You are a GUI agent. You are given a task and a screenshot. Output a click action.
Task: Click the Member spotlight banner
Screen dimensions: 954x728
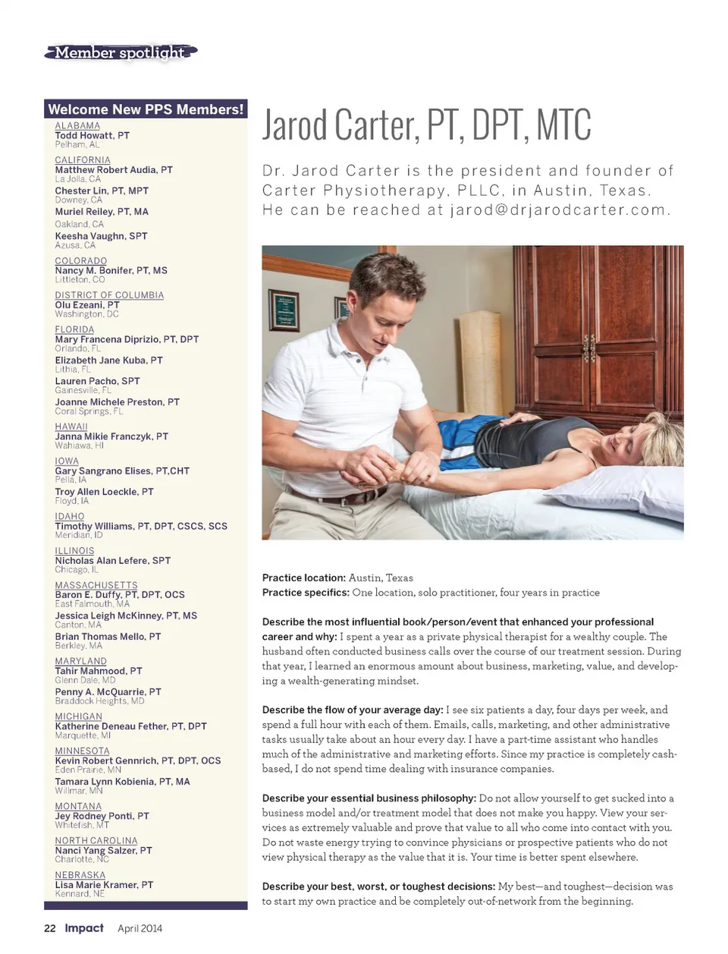(121, 52)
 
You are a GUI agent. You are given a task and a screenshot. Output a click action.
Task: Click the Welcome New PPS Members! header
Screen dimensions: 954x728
(146, 109)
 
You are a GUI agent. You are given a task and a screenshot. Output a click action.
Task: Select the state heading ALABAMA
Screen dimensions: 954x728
(77, 126)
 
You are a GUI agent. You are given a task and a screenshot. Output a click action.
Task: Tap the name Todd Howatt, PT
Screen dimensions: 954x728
(92, 135)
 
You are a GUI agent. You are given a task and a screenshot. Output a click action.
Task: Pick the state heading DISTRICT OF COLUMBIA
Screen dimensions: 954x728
(109, 295)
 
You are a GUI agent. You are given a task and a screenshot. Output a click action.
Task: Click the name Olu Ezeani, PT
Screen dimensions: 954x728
(87, 304)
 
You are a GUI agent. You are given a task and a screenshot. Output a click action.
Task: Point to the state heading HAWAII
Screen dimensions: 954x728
(71, 427)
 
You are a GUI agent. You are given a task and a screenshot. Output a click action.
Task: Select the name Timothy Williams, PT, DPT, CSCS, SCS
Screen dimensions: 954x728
(141, 526)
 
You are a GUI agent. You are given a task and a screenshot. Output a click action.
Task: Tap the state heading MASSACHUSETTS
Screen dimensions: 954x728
(96, 585)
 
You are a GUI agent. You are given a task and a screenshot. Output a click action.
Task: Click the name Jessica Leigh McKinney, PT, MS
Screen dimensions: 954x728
(126, 616)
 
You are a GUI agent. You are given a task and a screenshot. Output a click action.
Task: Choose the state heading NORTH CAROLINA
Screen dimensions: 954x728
(96, 841)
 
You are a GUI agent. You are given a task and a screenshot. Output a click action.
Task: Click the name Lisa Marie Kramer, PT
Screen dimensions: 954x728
(104, 885)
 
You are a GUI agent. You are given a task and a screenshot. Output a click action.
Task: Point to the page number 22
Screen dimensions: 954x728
(50, 928)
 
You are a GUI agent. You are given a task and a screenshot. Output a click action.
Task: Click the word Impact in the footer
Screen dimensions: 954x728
(84, 928)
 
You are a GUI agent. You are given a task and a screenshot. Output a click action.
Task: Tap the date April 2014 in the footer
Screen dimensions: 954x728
(140, 928)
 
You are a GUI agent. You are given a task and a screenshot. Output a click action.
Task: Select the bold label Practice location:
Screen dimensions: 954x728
(303, 578)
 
